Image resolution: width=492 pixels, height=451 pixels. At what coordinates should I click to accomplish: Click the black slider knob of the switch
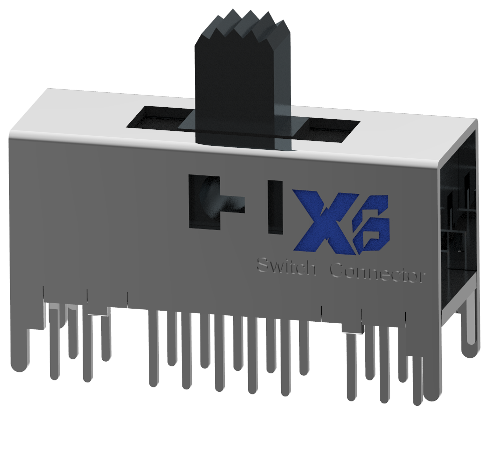tap(240, 90)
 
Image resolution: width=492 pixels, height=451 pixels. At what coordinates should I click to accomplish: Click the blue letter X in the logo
tap(321, 220)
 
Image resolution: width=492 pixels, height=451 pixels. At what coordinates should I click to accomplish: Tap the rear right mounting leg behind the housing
tap(470, 326)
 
